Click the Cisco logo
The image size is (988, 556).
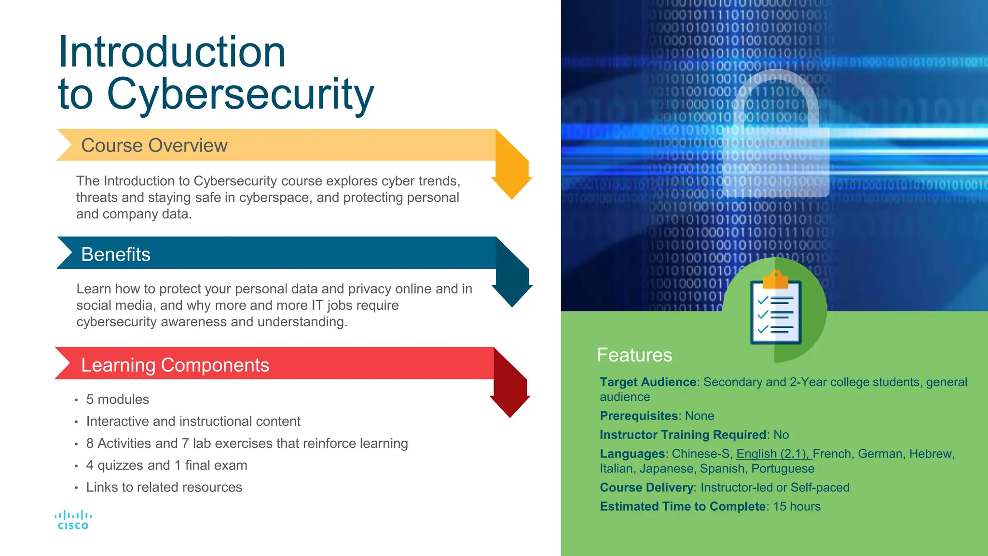click(x=73, y=520)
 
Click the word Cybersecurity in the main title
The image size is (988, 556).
click(x=240, y=94)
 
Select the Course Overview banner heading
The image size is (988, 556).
click(x=154, y=145)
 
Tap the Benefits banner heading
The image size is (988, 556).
click(x=116, y=254)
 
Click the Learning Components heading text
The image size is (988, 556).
click(x=175, y=365)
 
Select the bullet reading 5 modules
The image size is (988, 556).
click(x=117, y=400)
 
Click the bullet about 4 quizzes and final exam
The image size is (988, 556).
click(x=166, y=465)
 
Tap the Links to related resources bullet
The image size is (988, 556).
click(x=164, y=487)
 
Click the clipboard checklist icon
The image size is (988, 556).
click(x=775, y=310)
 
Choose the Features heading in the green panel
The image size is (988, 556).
click(x=634, y=355)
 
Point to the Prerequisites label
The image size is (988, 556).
click(x=639, y=416)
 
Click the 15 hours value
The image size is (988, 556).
click(x=796, y=507)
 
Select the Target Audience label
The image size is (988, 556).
click(x=647, y=382)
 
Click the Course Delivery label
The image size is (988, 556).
click(x=646, y=488)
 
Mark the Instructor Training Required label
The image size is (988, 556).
click(x=683, y=435)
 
